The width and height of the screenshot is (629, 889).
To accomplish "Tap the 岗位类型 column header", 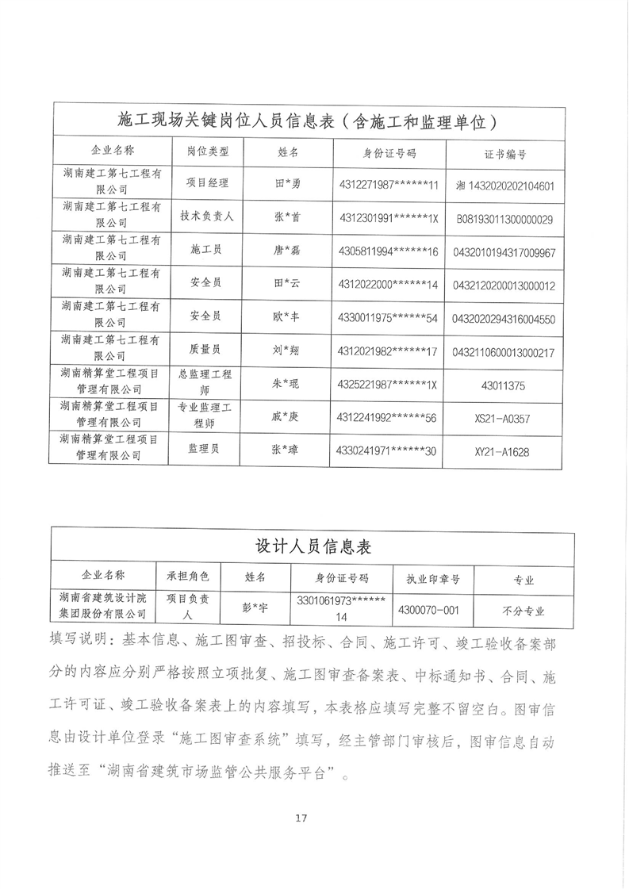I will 208,151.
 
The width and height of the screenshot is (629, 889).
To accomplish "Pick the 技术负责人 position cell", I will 208,216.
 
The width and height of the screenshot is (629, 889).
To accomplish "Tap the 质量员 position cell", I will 208,348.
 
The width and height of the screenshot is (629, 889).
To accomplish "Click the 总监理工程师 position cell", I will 208,381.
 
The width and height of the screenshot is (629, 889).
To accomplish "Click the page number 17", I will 300,818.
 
